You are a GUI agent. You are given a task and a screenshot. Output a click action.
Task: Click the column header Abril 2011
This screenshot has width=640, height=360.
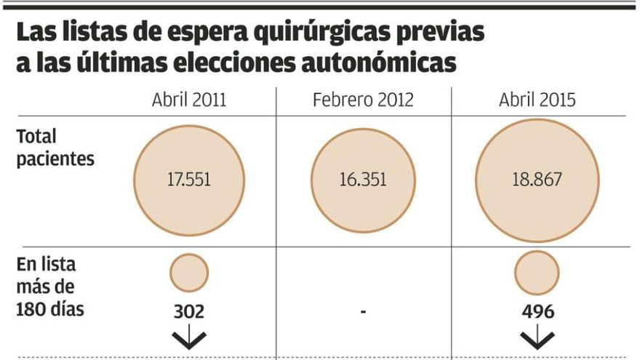(x=188, y=100)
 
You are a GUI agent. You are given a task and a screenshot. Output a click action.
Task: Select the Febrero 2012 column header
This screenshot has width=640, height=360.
(x=362, y=100)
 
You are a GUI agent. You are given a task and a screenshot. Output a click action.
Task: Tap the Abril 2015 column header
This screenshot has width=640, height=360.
(x=537, y=100)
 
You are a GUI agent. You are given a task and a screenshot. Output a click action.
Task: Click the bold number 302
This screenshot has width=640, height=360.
(x=188, y=311)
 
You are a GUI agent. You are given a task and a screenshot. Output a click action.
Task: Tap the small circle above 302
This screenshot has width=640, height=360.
(x=189, y=273)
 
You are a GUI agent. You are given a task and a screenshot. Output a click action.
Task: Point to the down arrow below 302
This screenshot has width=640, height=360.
(x=188, y=338)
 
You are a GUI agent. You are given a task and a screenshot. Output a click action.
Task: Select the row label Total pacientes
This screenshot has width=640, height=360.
(x=55, y=147)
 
